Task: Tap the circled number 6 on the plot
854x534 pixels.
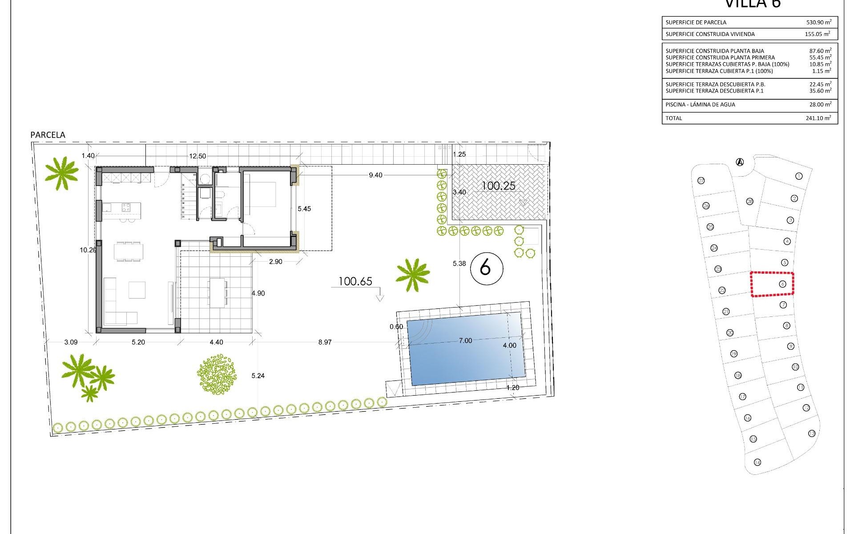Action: click(486, 268)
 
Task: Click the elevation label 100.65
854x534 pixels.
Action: click(355, 281)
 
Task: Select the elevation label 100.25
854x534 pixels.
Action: click(498, 186)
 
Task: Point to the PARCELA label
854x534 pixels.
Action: click(48, 135)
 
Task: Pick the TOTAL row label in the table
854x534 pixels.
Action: click(674, 118)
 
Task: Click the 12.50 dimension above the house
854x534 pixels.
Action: click(197, 156)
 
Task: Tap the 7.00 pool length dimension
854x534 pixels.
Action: click(465, 340)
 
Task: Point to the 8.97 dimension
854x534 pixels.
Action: click(325, 342)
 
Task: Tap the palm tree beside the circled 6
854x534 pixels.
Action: click(413, 275)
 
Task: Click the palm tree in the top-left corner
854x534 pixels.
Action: click(61, 172)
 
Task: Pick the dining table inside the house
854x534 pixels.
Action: click(129, 252)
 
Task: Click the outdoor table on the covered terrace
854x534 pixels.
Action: click(218, 293)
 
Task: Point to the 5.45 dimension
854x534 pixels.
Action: click(304, 209)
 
